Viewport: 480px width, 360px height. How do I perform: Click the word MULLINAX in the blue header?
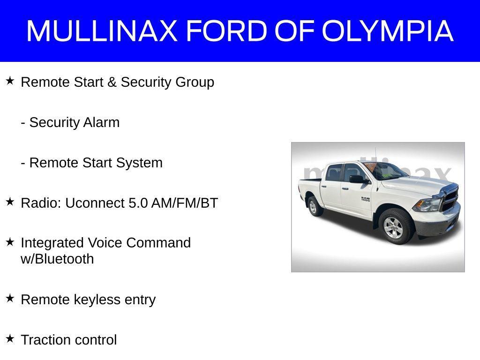click(102, 30)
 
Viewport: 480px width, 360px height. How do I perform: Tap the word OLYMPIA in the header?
click(388, 30)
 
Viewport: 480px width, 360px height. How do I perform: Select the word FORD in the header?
click(227, 30)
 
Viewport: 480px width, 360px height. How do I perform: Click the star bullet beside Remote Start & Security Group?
click(10, 81)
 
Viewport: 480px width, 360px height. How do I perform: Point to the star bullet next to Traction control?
click(10, 339)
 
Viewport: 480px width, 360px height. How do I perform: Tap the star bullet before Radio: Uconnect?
click(10, 202)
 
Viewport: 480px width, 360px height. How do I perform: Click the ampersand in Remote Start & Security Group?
click(112, 82)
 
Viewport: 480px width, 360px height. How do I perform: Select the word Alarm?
click(101, 122)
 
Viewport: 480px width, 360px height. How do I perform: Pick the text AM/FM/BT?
click(185, 203)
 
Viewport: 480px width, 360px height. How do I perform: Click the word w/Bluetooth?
click(57, 259)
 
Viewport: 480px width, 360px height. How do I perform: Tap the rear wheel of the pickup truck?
click(314, 206)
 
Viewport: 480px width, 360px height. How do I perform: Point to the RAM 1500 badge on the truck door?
click(366, 199)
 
